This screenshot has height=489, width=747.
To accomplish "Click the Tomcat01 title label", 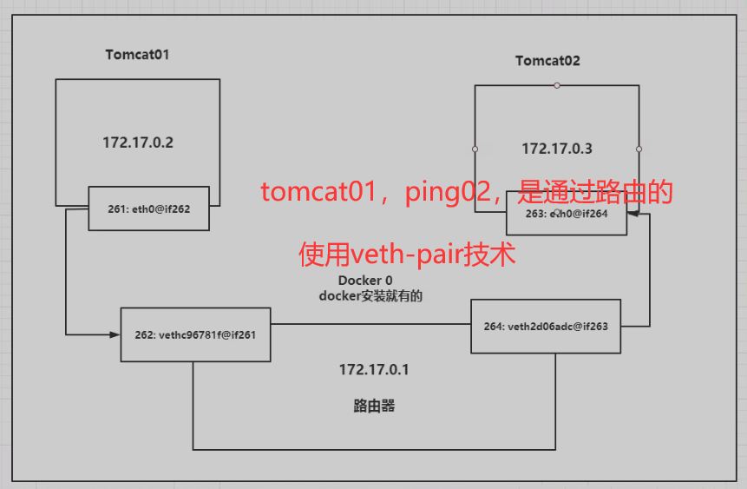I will [x=137, y=54].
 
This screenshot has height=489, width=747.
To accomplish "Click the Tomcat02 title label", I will [x=547, y=61].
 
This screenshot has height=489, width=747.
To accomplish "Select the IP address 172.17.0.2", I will [x=137, y=142].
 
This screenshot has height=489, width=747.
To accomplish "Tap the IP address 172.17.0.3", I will [x=556, y=149].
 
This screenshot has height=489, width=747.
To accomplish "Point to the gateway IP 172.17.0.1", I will [x=374, y=370].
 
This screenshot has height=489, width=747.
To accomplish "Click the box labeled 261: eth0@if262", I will [x=148, y=208].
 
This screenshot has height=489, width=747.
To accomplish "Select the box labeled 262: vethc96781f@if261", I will [x=195, y=334].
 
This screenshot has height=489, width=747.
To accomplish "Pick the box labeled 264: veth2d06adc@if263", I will [x=545, y=327].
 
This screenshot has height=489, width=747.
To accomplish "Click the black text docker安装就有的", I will [x=370, y=296].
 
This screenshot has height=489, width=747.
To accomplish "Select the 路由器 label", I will [x=374, y=406].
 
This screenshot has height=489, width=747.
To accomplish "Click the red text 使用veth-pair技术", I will [x=407, y=254].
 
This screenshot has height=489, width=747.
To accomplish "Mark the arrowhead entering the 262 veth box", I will [x=115, y=334].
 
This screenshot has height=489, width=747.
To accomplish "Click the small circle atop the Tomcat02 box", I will [x=557, y=85].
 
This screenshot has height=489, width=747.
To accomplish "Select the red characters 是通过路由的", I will [x=594, y=192].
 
